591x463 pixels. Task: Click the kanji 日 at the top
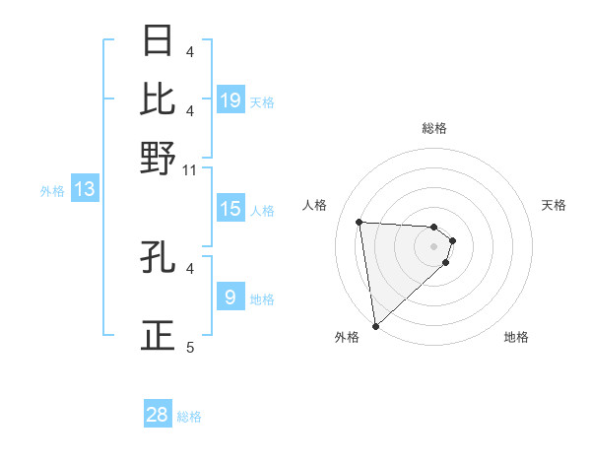point(159,41)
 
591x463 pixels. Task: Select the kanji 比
point(159,99)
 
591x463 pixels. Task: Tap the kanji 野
point(159,158)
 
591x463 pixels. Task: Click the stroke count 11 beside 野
point(190,170)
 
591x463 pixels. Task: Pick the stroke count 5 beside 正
point(190,347)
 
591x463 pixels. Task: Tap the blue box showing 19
point(230,100)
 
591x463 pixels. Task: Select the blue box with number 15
point(230,209)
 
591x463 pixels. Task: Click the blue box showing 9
point(230,298)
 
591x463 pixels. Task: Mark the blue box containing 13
point(85,190)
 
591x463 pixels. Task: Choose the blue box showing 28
point(158,416)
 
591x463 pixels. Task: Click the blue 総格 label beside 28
point(189,417)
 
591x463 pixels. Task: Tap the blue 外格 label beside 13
point(52,191)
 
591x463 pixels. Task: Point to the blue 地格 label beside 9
point(262,298)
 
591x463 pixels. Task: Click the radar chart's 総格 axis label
point(434,128)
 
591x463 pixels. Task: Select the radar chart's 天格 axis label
point(555,205)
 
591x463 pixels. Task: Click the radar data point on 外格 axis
point(375,326)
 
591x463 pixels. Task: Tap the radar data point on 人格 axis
point(360,222)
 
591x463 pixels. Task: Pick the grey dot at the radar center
point(434,246)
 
